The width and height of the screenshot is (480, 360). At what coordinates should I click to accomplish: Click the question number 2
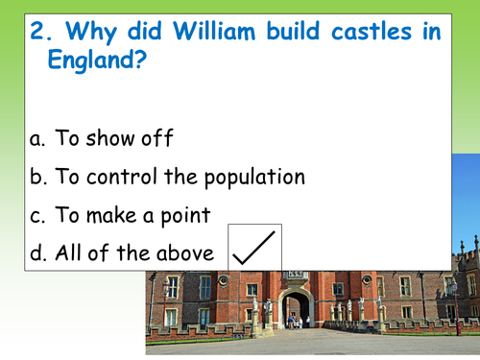pyautogui.click(x=37, y=32)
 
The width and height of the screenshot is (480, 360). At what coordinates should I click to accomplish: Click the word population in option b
pyautogui.click(x=251, y=178)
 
